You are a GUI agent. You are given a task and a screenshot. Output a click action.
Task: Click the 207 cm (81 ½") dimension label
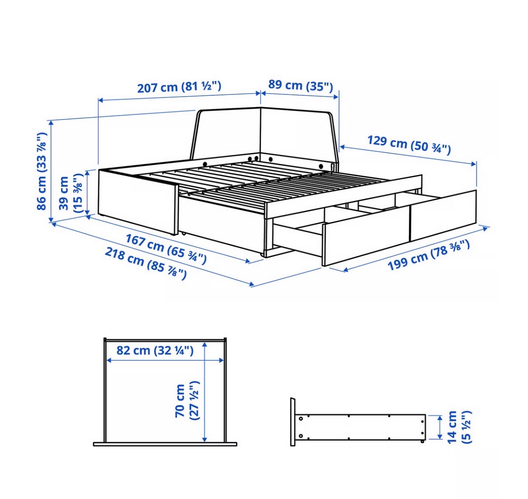point(179,87)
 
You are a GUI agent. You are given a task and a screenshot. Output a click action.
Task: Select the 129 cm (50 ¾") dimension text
point(409,145)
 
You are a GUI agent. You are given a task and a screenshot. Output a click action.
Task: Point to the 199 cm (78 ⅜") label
point(429,255)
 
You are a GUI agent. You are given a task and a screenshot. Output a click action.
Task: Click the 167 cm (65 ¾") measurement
point(166,249)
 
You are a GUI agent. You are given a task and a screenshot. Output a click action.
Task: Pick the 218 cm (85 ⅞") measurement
point(146,263)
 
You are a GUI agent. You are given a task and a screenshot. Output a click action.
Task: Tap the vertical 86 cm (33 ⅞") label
point(41,171)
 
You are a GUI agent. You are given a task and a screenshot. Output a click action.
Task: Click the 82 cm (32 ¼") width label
point(155,350)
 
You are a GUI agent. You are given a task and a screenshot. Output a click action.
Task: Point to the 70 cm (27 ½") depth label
point(187,401)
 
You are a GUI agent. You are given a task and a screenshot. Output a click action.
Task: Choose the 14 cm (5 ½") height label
point(459,427)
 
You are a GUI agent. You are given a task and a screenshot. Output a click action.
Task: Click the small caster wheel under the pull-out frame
point(261,255)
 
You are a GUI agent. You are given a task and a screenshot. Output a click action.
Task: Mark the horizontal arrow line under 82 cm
point(165,360)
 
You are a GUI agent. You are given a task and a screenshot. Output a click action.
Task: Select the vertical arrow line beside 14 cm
point(439,427)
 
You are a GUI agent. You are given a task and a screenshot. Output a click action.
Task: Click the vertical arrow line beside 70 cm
point(204,392)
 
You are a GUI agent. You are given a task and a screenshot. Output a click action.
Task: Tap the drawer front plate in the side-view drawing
point(293,422)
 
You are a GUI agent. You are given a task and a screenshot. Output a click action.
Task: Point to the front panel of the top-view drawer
point(165,444)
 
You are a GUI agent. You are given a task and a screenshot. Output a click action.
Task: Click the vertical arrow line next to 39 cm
point(88,192)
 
